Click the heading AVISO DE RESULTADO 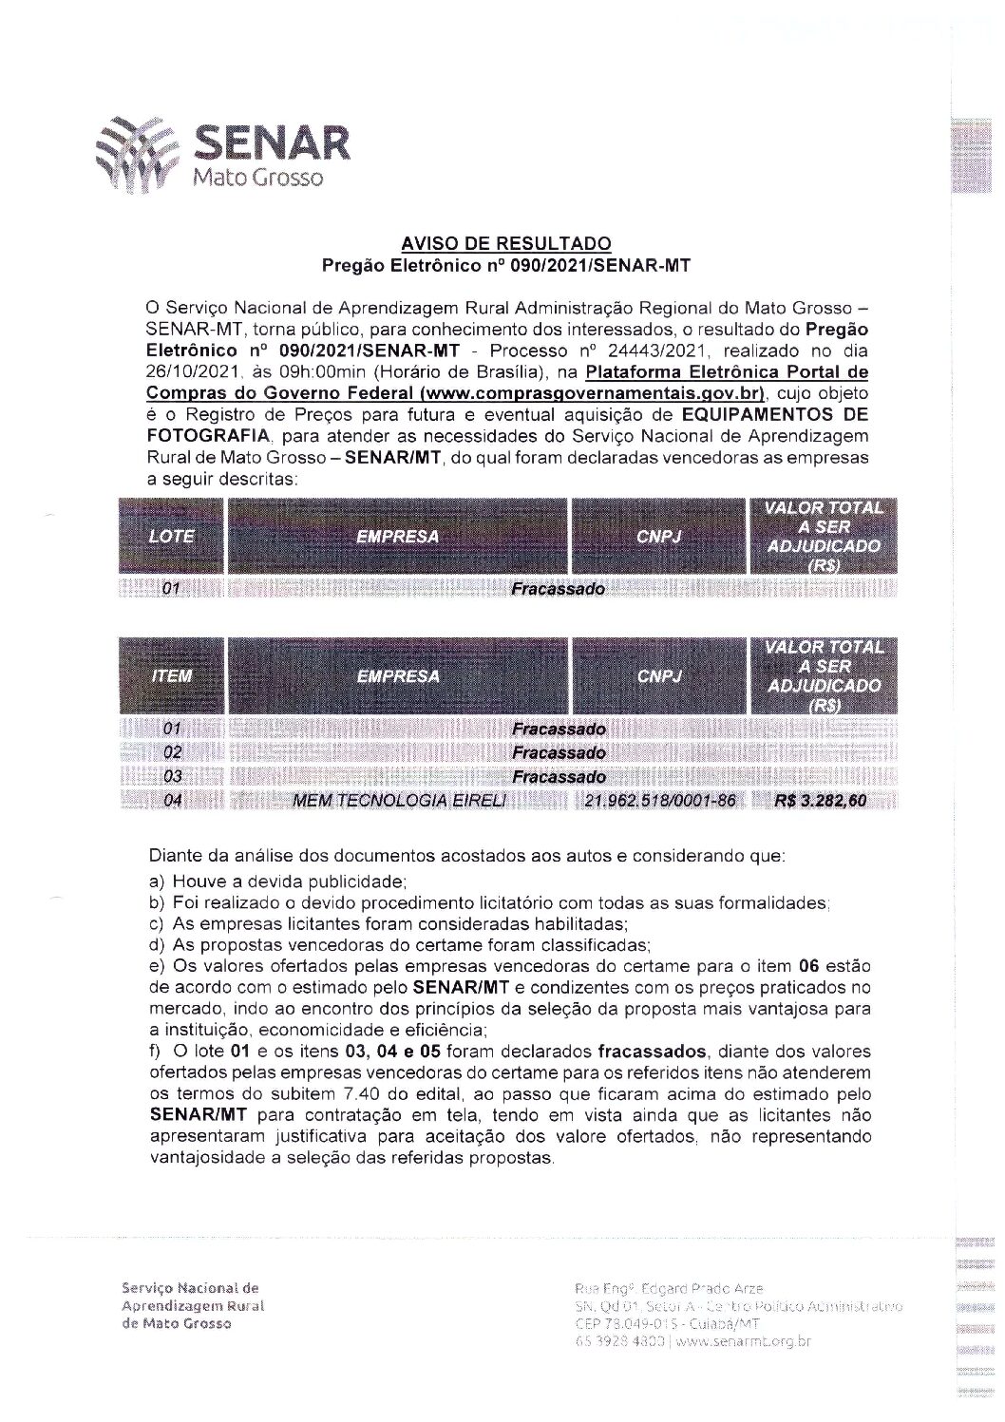504,245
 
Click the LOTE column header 172,536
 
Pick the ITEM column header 172,676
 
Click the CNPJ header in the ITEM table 659,676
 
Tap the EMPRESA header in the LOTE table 398,536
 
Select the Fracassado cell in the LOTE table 558,589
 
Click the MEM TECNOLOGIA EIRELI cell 399,801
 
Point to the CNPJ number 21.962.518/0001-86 660,801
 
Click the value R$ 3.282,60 821,801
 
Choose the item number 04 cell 172,801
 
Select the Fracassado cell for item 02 558,753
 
